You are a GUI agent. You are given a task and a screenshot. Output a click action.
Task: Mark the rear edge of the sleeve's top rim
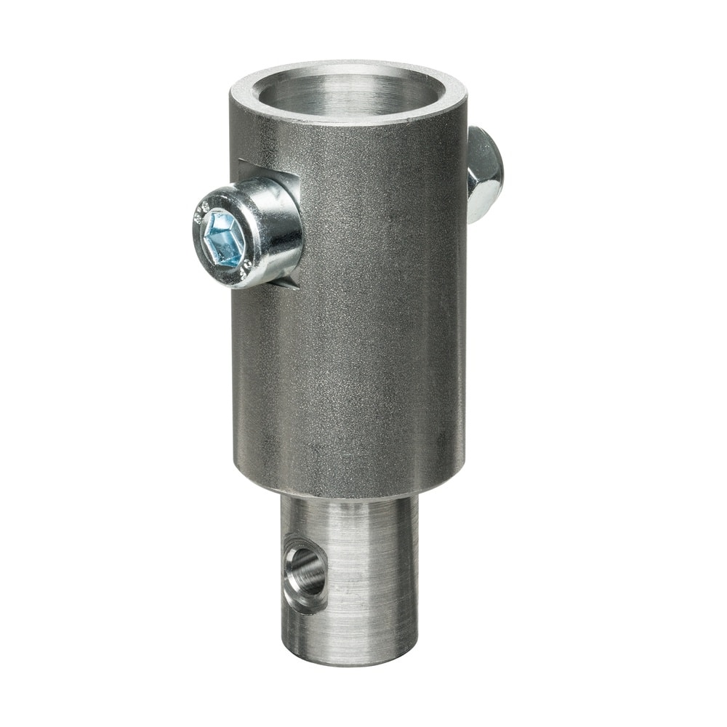point(349,65)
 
